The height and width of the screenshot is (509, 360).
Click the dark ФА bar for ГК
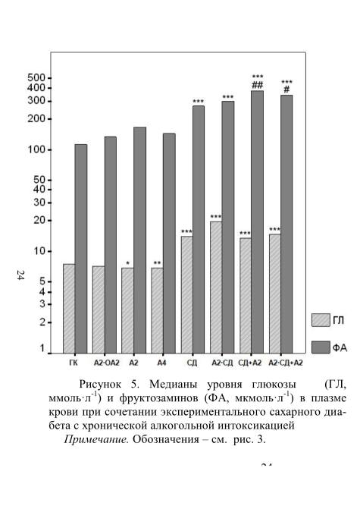click(81, 249)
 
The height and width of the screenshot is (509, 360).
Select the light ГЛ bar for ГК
click(69, 309)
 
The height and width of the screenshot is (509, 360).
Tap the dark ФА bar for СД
click(199, 230)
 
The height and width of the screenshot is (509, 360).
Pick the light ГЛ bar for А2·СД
click(216, 287)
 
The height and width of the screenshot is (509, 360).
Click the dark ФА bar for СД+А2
click(257, 222)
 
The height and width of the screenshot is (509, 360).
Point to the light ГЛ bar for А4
click(158, 310)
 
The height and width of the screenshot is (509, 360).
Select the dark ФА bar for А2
click(139, 240)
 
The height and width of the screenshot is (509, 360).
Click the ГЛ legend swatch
click(321, 320)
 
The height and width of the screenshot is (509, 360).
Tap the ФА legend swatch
click(321, 347)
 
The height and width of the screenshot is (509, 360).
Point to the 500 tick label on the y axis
click(36, 78)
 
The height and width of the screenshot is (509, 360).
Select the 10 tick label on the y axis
click(39, 252)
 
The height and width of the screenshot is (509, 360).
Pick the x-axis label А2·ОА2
click(107, 363)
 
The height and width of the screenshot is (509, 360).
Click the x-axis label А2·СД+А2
click(286, 363)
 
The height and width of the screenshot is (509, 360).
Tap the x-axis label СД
click(192, 363)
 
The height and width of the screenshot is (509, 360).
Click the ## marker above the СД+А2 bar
click(258, 85)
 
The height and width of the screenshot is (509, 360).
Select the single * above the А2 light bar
click(128, 263)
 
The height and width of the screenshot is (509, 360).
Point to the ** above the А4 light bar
click(158, 263)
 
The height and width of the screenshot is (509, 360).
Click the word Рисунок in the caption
click(100, 385)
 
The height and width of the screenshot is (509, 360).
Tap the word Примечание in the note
click(97, 439)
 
